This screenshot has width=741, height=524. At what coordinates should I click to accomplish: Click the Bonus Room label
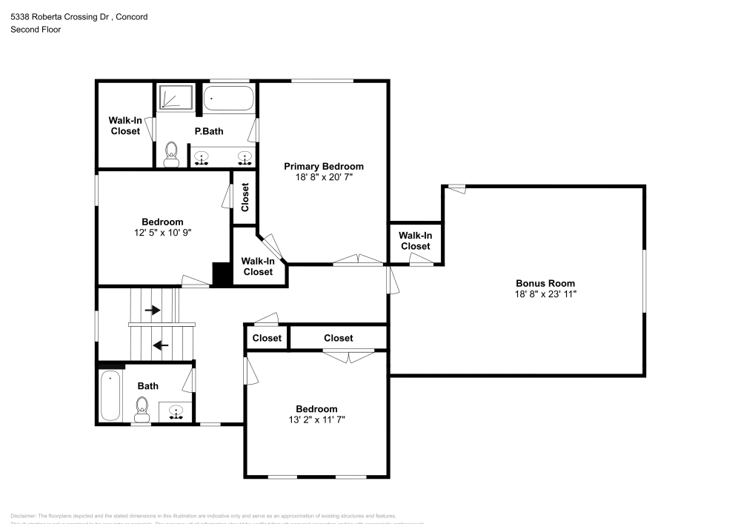coord(545,283)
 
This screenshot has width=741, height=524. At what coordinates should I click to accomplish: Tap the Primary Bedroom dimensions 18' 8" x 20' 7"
coord(324,178)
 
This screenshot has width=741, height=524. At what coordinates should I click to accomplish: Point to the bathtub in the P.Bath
coord(228,98)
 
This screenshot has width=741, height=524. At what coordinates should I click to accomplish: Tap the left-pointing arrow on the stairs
coord(160,345)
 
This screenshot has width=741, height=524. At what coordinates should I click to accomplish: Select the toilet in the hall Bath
coord(142,408)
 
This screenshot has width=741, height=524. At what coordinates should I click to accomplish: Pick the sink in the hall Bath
coord(176,411)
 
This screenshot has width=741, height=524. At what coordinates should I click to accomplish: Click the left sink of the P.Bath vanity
coord(202,157)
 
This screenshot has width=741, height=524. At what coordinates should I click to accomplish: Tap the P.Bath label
coord(209,132)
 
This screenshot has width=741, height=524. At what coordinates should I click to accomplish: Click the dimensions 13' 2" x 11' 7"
coord(316,420)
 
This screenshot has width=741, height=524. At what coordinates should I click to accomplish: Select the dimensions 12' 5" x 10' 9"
coord(162,233)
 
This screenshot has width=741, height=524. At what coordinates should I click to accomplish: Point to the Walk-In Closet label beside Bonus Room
coord(415,241)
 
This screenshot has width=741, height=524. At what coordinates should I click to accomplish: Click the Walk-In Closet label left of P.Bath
coord(125,125)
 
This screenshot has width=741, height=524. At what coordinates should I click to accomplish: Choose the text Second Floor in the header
coord(36,30)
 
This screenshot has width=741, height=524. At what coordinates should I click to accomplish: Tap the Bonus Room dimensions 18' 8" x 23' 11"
coord(545,294)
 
